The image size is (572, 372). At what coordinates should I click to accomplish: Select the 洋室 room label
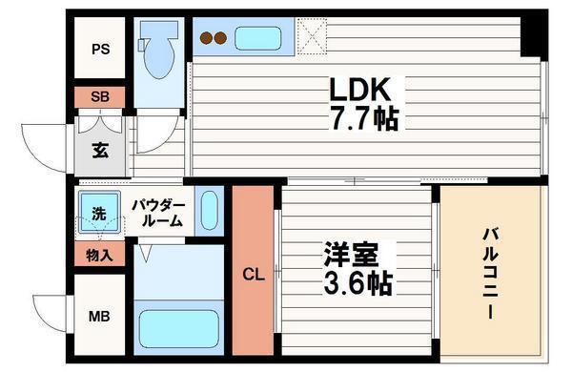pyautogui.click(x=351, y=257)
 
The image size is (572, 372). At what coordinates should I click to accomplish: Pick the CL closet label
pyautogui.click(x=253, y=275)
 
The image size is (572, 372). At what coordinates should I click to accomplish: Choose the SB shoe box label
pyautogui.click(x=100, y=96)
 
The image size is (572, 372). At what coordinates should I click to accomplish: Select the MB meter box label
pyautogui.click(x=100, y=316)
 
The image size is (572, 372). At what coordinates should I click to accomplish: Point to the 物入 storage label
pyautogui.click(x=99, y=255)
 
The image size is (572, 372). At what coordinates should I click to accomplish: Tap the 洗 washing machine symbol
pyautogui.click(x=99, y=215)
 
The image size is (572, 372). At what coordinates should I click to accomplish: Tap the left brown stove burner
pyautogui.click(x=206, y=40)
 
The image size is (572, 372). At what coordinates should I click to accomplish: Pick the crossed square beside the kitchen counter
pyautogui.click(x=313, y=38)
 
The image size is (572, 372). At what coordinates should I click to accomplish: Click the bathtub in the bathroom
pyautogui.click(x=178, y=325)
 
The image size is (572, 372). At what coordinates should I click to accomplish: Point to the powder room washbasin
pyautogui.click(x=211, y=210)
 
